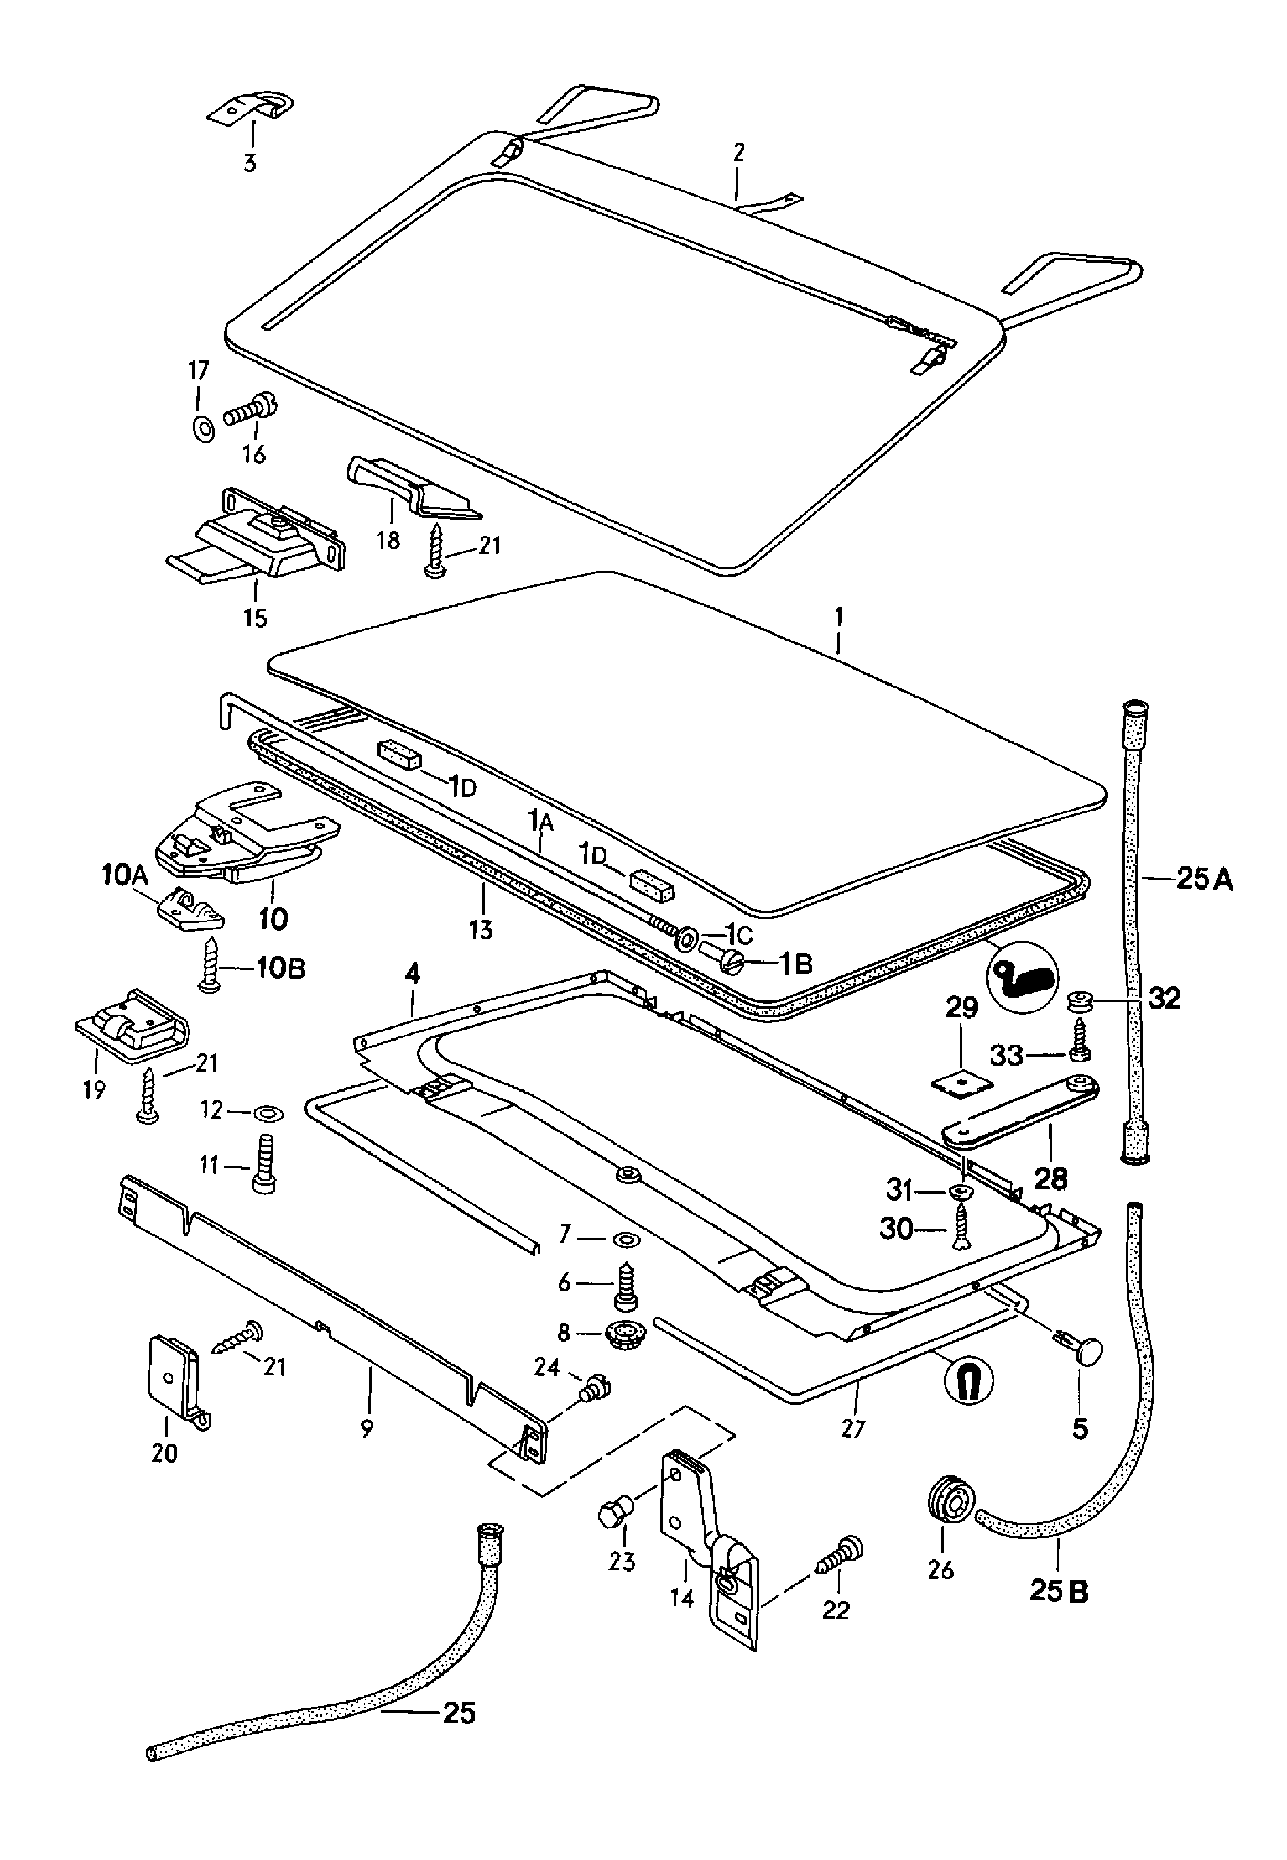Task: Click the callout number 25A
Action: pos(1204,879)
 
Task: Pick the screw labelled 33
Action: pos(1080,1046)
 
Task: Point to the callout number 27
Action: pos(853,1427)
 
